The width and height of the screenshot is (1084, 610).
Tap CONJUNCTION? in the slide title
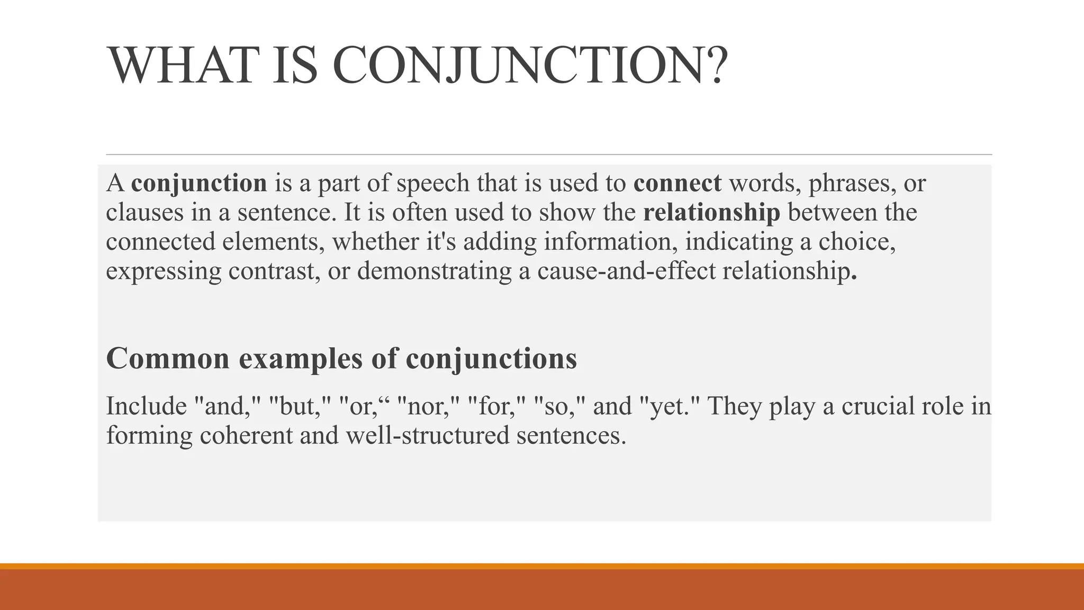pos(530,66)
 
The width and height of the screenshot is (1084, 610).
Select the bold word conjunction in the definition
pos(199,183)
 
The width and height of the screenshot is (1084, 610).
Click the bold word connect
pos(677,183)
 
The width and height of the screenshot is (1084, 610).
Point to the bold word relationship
pos(711,212)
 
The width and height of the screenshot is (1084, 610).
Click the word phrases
pos(852,183)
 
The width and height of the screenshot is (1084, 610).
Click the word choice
pos(857,241)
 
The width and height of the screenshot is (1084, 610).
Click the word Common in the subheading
pos(168,358)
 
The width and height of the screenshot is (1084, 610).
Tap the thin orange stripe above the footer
pos(542,566)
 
